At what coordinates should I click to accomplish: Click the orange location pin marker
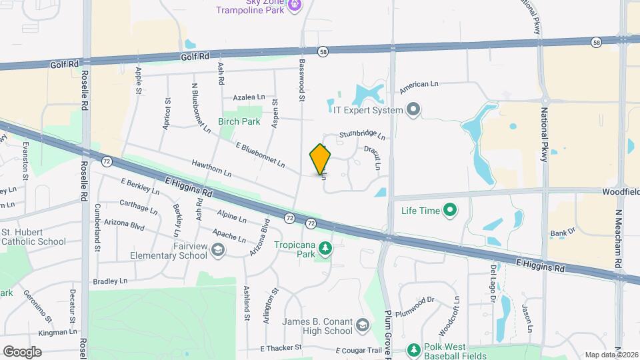(x=321, y=159)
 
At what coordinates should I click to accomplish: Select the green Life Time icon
(x=450, y=211)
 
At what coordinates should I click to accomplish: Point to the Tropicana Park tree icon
(x=325, y=249)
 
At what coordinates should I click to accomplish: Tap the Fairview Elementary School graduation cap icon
(x=217, y=250)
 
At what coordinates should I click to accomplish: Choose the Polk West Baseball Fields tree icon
(x=413, y=349)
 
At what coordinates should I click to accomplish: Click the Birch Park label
(x=239, y=122)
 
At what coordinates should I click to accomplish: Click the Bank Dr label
(x=562, y=233)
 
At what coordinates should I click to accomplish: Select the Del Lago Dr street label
(x=493, y=281)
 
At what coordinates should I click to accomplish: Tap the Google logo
(x=22, y=351)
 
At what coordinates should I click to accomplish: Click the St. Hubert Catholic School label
(x=23, y=237)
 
